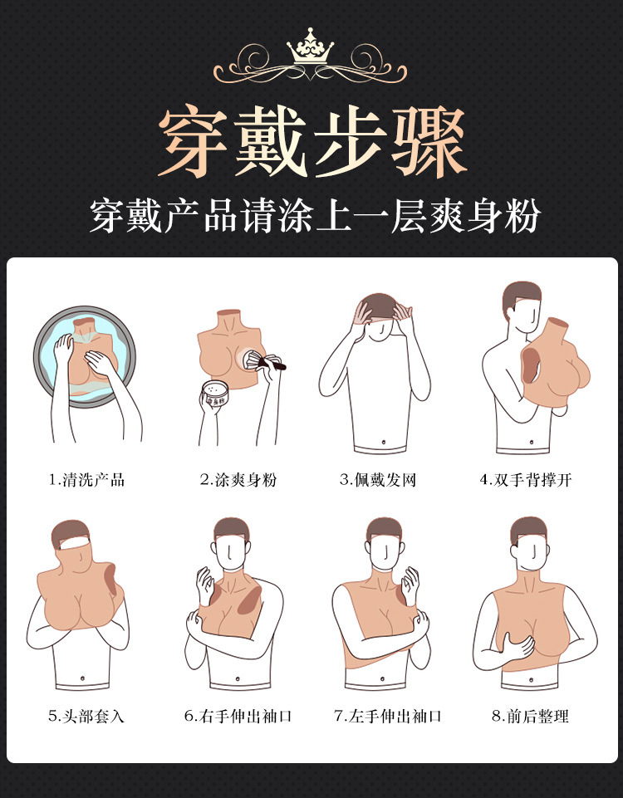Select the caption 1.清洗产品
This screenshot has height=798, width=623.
[86, 480]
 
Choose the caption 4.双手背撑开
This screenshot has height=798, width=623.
[526, 480]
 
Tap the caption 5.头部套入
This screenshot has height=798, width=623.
[86, 716]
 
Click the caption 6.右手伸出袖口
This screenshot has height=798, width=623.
[238, 716]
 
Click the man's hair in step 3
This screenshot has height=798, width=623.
[380, 302]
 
